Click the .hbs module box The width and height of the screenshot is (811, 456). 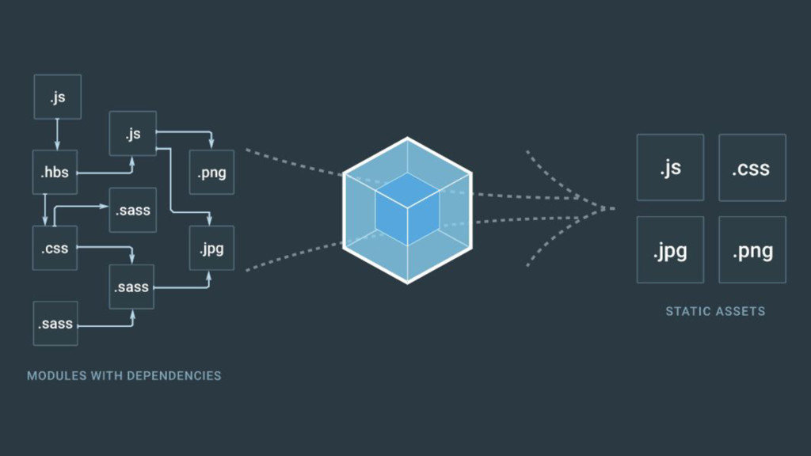[55, 171]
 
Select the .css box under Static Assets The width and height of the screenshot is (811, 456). [752, 168]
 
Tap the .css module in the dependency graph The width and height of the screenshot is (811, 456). [55, 249]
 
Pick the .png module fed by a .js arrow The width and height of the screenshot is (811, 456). [211, 172]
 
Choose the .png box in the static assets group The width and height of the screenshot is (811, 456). [752, 250]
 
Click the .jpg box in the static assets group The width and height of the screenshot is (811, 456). [670, 250]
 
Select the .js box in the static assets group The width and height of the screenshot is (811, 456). [670, 168]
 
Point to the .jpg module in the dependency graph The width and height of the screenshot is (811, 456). [211, 249]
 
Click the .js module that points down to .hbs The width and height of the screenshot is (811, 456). [57, 97]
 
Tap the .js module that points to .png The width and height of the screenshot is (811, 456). [132, 133]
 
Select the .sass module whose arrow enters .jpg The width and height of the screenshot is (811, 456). [132, 287]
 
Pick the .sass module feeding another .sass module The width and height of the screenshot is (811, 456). [55, 324]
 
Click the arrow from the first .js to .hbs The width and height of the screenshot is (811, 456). [57, 133]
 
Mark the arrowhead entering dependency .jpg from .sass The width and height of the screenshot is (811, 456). [209, 276]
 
